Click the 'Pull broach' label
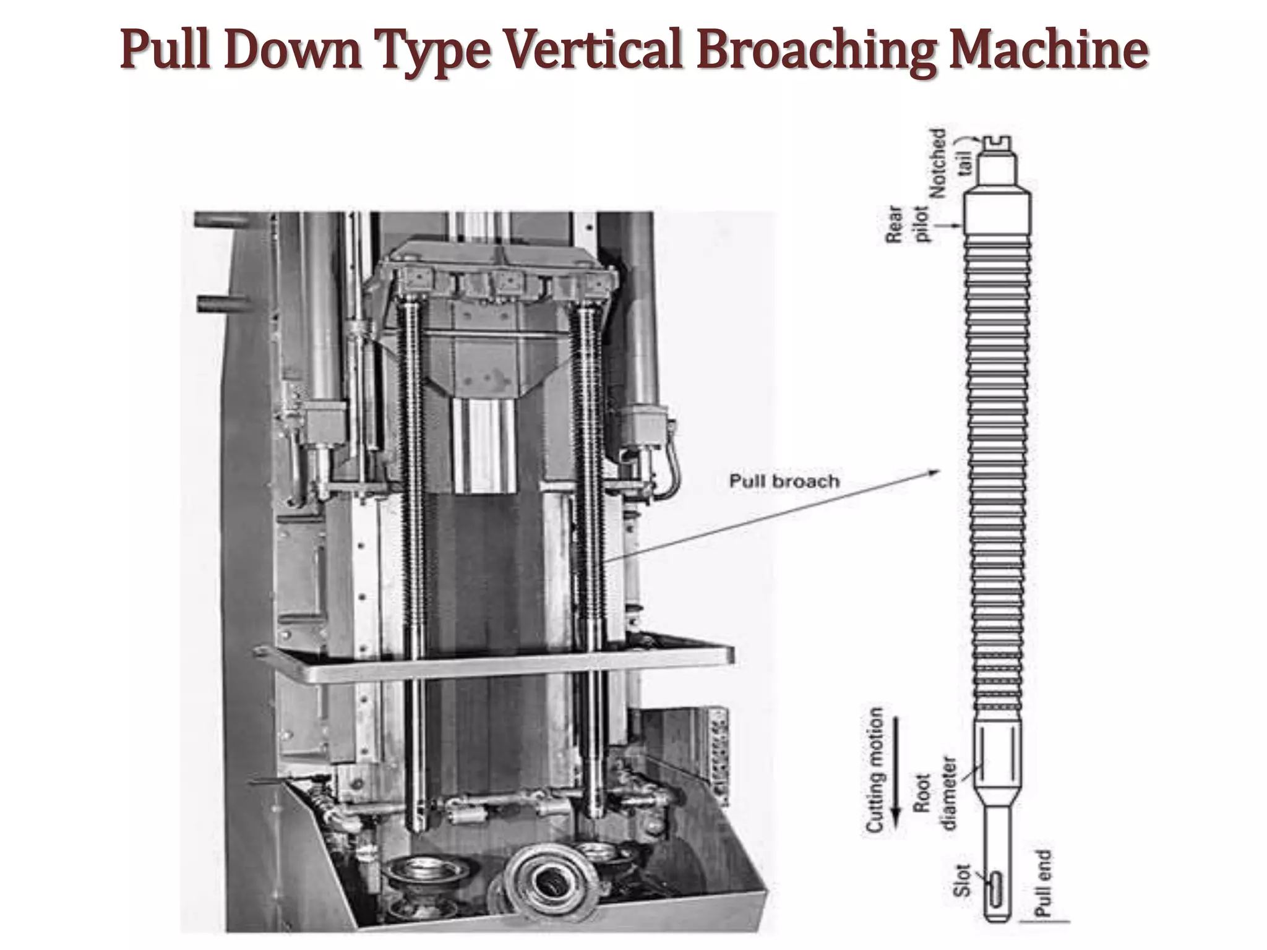pos(784,481)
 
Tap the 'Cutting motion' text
pos(874,769)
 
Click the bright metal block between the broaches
pos(484,445)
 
